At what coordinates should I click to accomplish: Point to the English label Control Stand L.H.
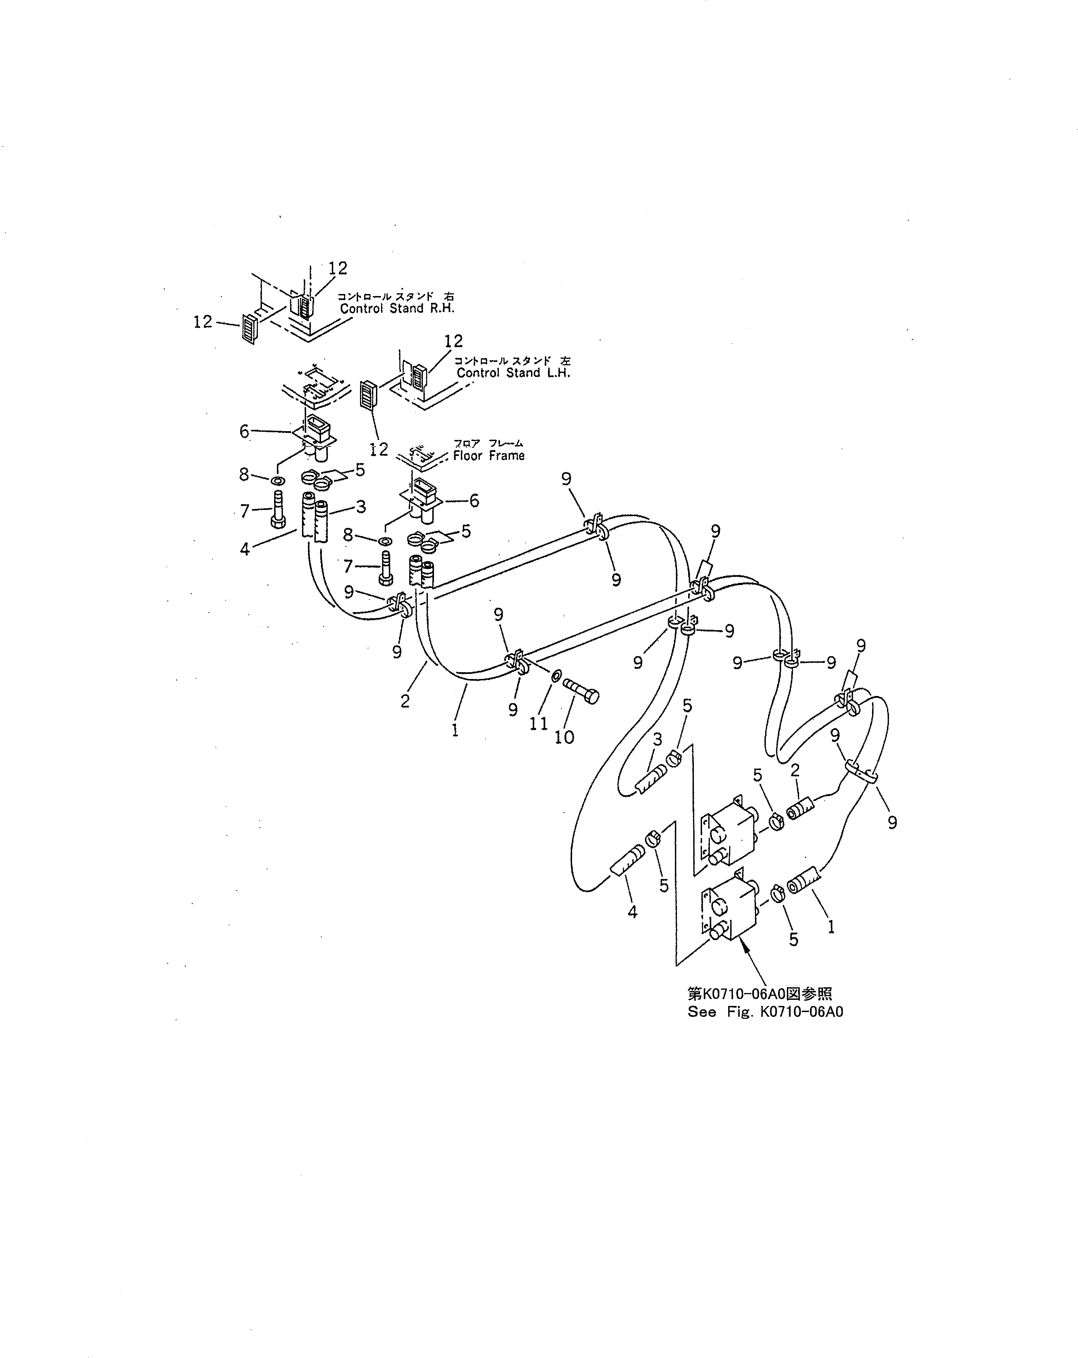point(513,373)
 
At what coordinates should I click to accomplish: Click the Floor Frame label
point(489,455)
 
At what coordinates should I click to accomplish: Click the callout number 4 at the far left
point(245,549)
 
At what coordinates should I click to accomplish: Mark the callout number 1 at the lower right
point(831,926)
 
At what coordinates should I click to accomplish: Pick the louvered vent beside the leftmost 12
point(249,328)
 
